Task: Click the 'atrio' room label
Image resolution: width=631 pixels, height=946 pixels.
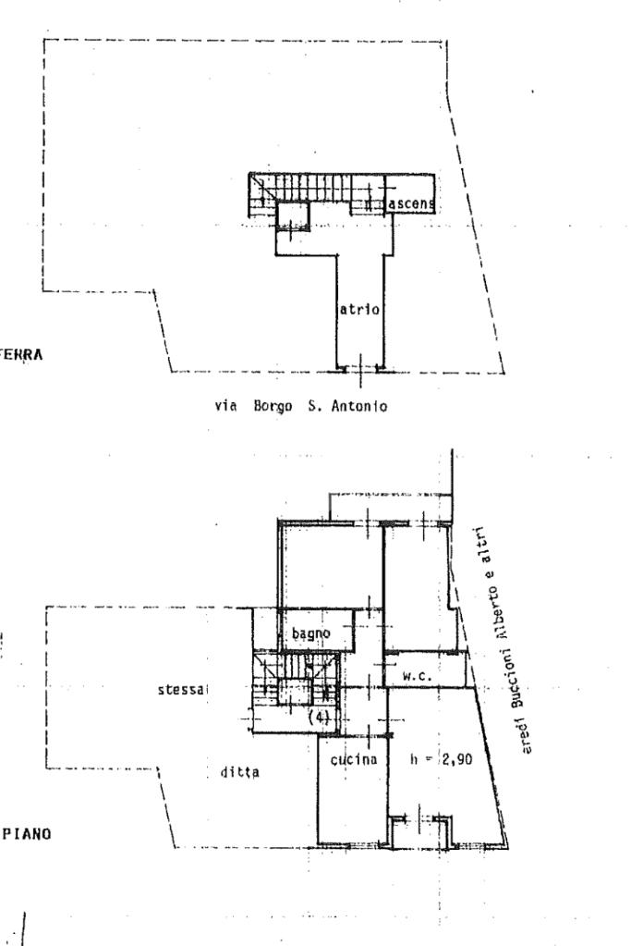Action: click(x=359, y=310)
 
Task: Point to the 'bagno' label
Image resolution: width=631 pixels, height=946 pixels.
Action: click(x=311, y=633)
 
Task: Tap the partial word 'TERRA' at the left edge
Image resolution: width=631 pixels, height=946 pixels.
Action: click(x=23, y=352)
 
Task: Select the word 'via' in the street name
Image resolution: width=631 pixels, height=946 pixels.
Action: click(x=224, y=405)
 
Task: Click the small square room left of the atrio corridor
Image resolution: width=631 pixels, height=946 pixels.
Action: click(x=295, y=217)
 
